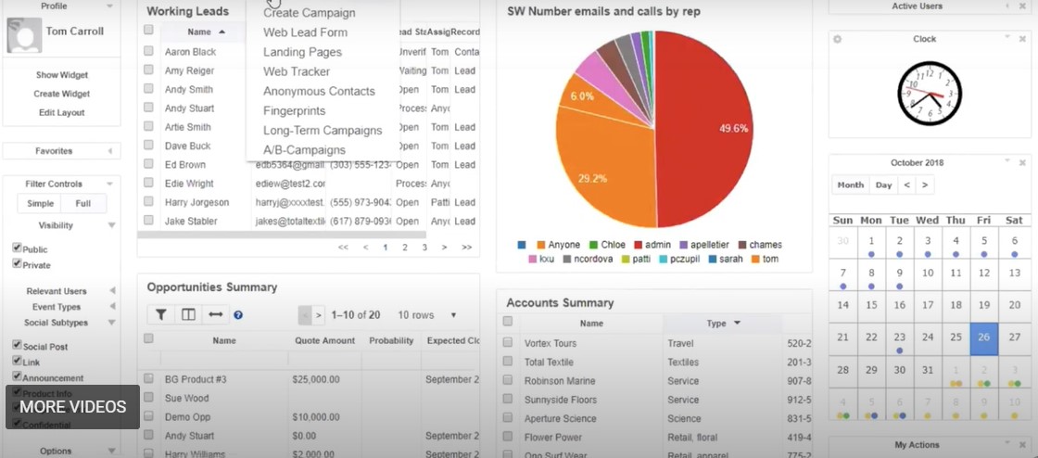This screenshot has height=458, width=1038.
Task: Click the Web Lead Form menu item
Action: click(x=305, y=32)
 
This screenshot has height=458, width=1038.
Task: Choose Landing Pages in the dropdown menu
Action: click(x=302, y=52)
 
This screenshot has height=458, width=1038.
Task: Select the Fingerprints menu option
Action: click(x=294, y=110)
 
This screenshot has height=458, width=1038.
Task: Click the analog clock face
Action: click(x=930, y=93)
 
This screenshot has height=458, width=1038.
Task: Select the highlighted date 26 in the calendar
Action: click(x=983, y=338)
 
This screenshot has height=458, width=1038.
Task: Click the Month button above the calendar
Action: click(x=850, y=184)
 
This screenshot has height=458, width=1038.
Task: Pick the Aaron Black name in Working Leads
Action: click(x=190, y=52)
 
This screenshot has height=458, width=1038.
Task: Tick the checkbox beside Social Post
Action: click(x=17, y=346)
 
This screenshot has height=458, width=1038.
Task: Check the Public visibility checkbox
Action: click(x=17, y=248)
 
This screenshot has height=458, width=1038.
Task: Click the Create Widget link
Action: click(x=61, y=94)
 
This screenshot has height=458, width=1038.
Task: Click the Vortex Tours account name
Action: click(x=550, y=343)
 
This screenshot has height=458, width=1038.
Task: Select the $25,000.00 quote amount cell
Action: click(x=316, y=379)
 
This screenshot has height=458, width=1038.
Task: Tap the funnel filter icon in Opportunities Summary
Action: click(x=161, y=315)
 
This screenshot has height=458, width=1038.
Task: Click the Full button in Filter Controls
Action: click(x=83, y=204)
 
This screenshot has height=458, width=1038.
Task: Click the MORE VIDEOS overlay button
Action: click(x=72, y=407)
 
